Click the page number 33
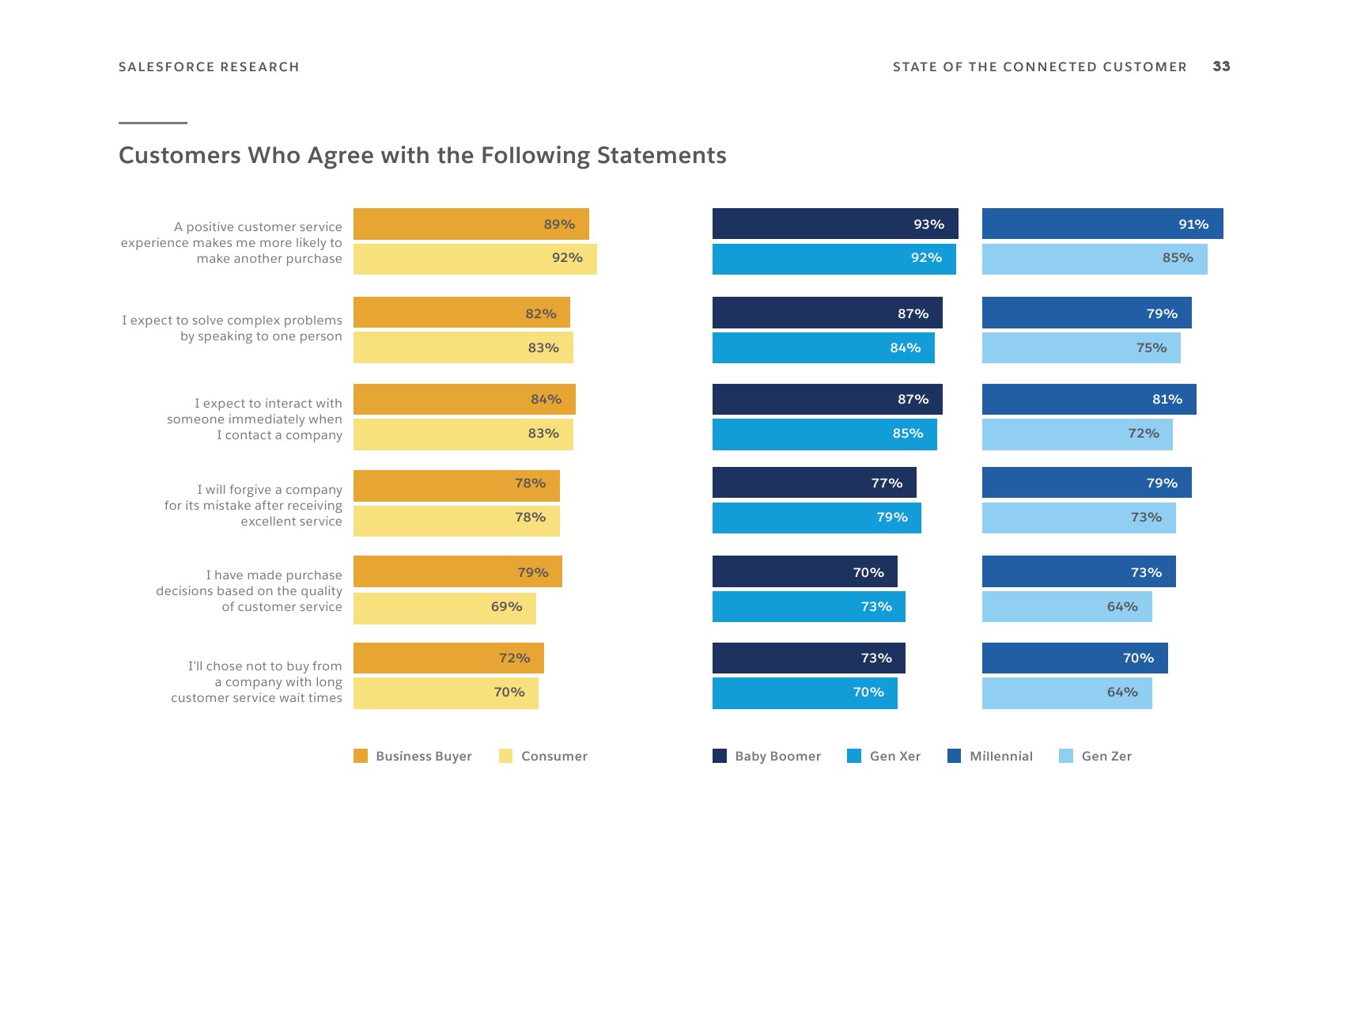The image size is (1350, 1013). pos(1221,66)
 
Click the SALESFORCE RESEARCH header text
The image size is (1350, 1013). pos(209,67)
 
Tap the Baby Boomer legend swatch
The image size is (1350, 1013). pos(720,756)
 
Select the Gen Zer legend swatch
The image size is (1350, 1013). pos(1066,756)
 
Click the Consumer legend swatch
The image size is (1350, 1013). pos(506,756)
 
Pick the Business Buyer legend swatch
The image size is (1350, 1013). pos(361,756)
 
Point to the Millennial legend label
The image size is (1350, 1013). pos(1001,756)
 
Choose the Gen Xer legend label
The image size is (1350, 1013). pos(895,756)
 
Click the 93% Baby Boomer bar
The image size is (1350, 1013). pos(834,224)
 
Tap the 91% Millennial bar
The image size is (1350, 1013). pos(1102,224)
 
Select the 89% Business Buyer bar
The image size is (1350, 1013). pos(471,224)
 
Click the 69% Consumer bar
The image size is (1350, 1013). pos(444,608)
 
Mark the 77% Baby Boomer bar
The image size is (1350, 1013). pos(814,483)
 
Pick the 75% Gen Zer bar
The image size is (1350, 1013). pos(1081,348)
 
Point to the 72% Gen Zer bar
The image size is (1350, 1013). pos(1077,434)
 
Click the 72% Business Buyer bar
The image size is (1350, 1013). pos(448,658)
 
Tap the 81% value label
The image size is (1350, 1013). pos(1167,400)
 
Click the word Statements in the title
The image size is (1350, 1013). pos(661,155)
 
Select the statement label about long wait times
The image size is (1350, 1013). pos(256,682)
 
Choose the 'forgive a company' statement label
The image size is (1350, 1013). pos(253,506)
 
